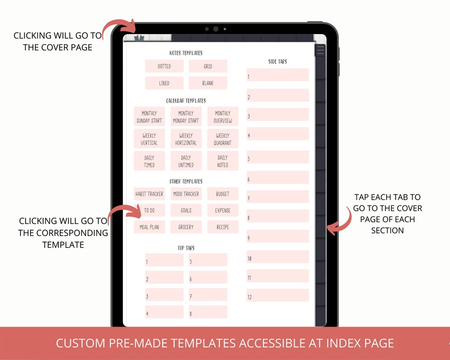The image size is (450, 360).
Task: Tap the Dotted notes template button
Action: click(164, 66)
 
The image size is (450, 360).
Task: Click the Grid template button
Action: click(208, 66)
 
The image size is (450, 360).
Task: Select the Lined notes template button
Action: click(164, 83)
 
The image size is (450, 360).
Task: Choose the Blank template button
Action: click(208, 83)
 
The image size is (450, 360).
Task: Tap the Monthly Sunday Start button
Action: click(149, 117)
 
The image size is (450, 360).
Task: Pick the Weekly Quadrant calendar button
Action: click(223, 139)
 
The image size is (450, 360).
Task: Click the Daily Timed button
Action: click(149, 161)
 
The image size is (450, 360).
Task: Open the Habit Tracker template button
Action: click(149, 194)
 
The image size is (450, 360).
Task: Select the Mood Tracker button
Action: click(186, 194)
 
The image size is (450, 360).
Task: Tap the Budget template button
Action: click(223, 194)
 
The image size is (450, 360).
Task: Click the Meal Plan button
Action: click(149, 227)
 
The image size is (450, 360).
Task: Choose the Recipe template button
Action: click(223, 227)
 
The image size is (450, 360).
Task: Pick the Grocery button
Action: click(186, 227)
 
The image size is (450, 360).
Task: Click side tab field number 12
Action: click(278, 296)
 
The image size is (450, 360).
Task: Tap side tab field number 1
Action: click(278, 75)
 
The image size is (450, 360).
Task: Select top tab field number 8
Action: click(208, 312)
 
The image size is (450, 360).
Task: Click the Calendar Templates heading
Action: click(186, 100)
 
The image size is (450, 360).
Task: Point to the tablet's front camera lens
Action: click(215, 29)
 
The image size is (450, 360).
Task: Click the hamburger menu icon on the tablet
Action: click(321, 50)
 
